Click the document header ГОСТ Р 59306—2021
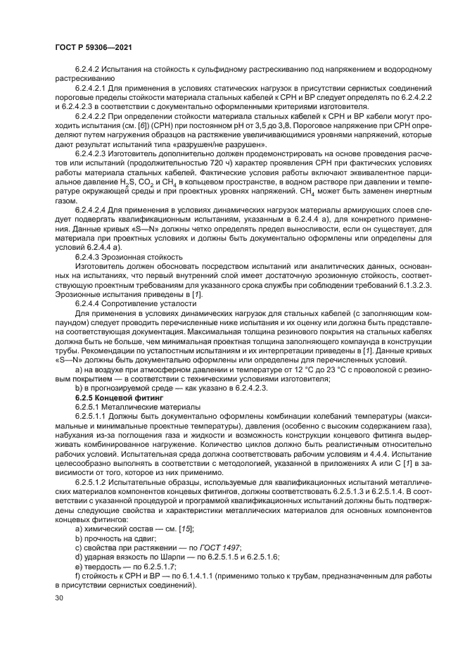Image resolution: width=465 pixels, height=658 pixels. (94, 47)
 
